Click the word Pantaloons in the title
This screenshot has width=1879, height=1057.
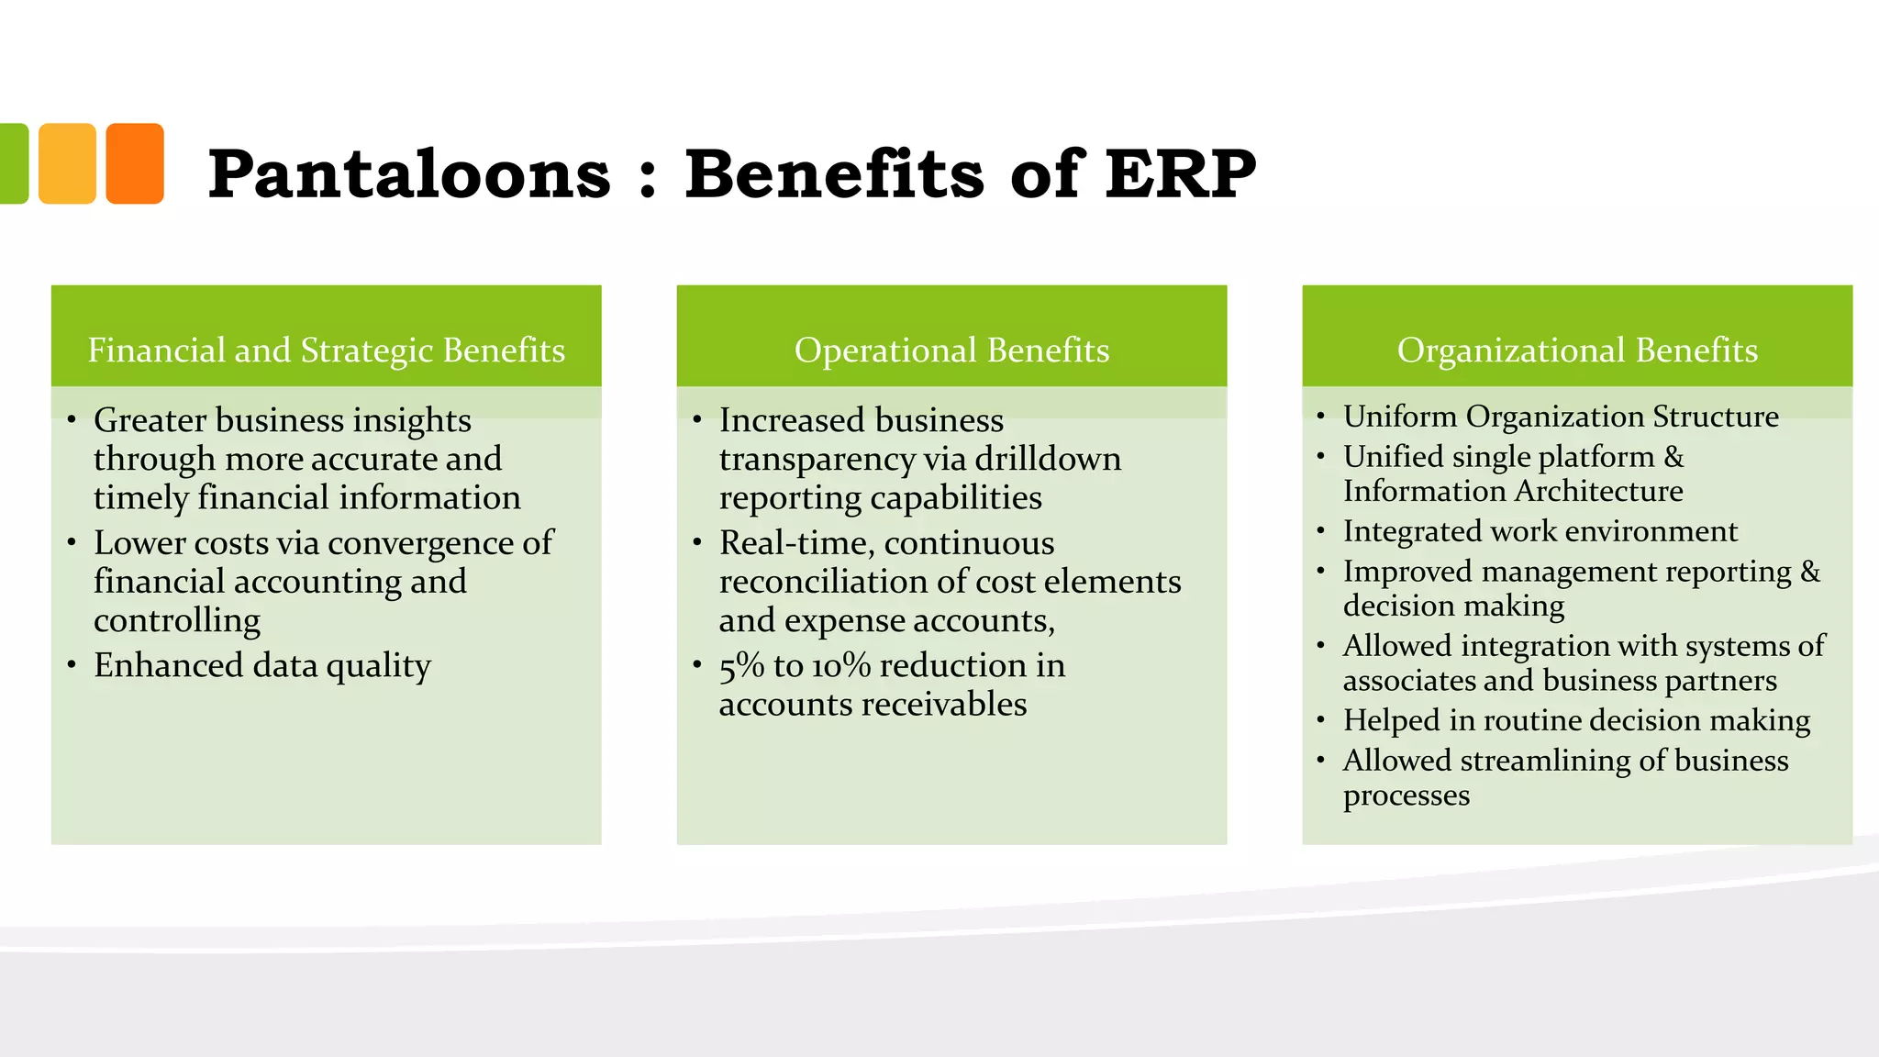pyautogui.click(x=409, y=174)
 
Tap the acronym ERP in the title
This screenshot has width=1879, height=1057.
pyautogui.click(x=1180, y=174)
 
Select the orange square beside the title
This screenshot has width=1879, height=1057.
pyautogui.click(x=135, y=163)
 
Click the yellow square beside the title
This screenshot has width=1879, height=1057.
pyautogui.click(x=67, y=163)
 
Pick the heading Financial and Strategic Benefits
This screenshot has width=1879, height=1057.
pyautogui.click(x=326, y=350)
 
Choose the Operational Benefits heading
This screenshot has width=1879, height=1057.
pyautogui.click(x=951, y=350)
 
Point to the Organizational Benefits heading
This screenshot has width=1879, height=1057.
pyautogui.click(x=1577, y=350)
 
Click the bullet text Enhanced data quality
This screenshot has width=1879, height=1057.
pyautogui.click(x=262, y=665)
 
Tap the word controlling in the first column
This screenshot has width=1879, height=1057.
pyautogui.click(x=177, y=621)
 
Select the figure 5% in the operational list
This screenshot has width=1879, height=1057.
pyautogui.click(x=741, y=665)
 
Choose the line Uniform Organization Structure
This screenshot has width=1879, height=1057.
pyautogui.click(x=1561, y=417)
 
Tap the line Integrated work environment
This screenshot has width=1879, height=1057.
pyautogui.click(x=1540, y=531)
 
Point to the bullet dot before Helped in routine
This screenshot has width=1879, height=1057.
pyautogui.click(x=1320, y=720)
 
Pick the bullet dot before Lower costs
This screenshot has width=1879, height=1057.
pyautogui.click(x=72, y=542)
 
